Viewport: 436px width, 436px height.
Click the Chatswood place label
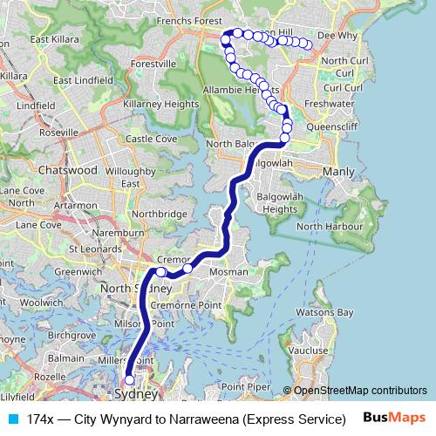point(68,171)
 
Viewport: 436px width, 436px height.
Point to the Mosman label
point(229,272)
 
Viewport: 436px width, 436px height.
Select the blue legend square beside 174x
point(11,418)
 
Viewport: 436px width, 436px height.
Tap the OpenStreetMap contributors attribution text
point(359,391)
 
